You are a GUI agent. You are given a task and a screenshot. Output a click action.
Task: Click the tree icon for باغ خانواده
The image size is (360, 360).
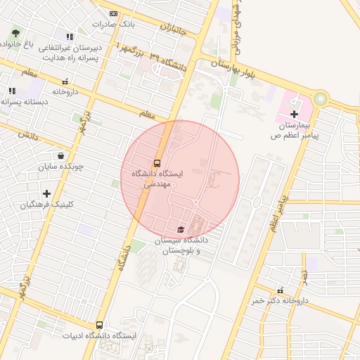[x=16, y=33]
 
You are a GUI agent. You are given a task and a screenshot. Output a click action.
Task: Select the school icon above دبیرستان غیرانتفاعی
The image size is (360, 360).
[x=69, y=37]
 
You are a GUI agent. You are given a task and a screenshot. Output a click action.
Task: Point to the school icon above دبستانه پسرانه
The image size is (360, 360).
[x=12, y=91]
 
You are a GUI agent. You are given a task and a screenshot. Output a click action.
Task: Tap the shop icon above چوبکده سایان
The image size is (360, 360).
[x=61, y=156]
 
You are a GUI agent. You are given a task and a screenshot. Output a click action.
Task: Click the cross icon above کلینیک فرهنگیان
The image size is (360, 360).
[x=46, y=193]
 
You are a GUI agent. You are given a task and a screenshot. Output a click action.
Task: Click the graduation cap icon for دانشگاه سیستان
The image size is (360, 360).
[x=181, y=230]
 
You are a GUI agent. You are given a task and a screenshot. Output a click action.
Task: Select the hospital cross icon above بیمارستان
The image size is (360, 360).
[x=294, y=114]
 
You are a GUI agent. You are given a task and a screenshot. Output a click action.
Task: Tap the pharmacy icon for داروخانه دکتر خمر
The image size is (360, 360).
[x=281, y=290]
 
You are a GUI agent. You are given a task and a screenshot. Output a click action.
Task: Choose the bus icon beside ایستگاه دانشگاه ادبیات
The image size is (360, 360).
[x=99, y=326]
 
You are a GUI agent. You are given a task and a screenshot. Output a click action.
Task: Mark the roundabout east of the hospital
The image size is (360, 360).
[x=321, y=98]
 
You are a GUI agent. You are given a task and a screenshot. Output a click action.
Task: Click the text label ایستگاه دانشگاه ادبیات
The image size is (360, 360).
[x=98, y=336]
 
